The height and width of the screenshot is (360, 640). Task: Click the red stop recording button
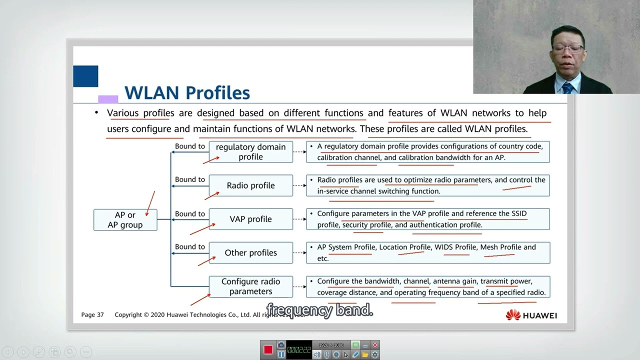[x=268, y=349]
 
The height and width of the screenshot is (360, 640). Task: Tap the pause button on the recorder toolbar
[x=281, y=354]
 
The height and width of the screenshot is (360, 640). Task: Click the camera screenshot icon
[x=281, y=345]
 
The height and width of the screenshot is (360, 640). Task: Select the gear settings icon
[x=375, y=354]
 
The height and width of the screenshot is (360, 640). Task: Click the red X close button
[x=375, y=345]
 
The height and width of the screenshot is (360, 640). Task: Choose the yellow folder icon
[x=365, y=354]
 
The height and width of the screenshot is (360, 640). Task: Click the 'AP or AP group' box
[x=125, y=220]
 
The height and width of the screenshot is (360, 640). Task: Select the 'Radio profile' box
[x=250, y=185]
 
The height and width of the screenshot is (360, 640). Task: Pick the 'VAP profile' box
[x=250, y=219]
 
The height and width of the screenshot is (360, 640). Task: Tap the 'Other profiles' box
[x=250, y=252]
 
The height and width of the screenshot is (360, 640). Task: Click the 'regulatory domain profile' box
[x=250, y=152]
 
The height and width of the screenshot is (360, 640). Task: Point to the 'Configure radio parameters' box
[x=250, y=286]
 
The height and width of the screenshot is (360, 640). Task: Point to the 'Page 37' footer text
[x=92, y=315]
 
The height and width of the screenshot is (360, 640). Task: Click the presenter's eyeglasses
[x=568, y=49]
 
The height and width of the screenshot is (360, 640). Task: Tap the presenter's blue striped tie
[x=567, y=88]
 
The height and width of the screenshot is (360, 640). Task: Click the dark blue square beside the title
[x=85, y=76]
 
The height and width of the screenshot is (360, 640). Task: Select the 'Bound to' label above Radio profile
[x=189, y=179]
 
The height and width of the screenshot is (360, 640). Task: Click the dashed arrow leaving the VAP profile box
[x=299, y=219]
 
